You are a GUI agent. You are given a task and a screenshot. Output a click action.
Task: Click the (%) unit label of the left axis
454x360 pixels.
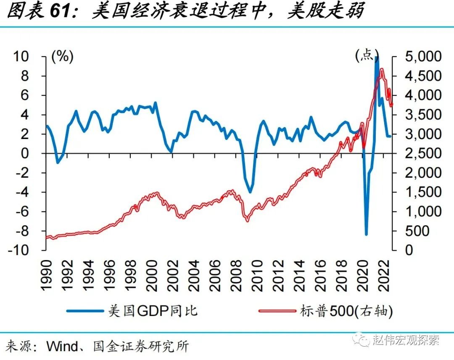(x=62, y=56)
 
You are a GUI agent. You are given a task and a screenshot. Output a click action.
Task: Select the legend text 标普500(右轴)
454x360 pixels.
(x=346, y=311)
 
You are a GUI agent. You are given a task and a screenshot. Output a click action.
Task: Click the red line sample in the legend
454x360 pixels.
(x=278, y=311)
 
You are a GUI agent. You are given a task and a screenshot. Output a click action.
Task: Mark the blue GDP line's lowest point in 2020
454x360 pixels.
(x=366, y=234)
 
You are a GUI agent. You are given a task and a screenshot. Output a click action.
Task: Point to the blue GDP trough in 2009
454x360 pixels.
(x=250, y=192)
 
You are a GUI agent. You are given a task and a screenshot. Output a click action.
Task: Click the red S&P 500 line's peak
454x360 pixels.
(x=382, y=69)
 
